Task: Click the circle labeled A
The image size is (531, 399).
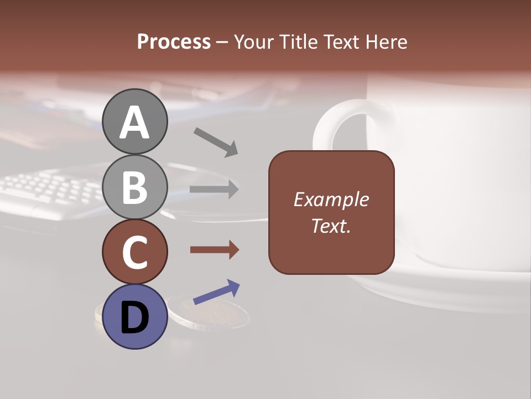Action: coord(134,122)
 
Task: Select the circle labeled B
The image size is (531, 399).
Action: coord(134,187)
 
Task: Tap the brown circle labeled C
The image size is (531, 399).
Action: coord(134,252)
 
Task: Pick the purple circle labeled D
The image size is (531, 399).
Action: coord(134,317)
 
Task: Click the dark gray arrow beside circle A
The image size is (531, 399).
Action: coord(215,142)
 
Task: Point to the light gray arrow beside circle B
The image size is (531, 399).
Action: coord(214,190)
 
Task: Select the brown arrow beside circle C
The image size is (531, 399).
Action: coord(214,250)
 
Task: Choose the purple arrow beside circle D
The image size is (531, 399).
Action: coord(216,292)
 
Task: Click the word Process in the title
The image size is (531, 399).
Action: coord(174,42)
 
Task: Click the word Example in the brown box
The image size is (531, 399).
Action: coord(331,199)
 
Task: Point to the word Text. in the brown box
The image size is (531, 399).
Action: coord(331,226)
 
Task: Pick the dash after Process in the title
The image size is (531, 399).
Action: coord(222,42)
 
